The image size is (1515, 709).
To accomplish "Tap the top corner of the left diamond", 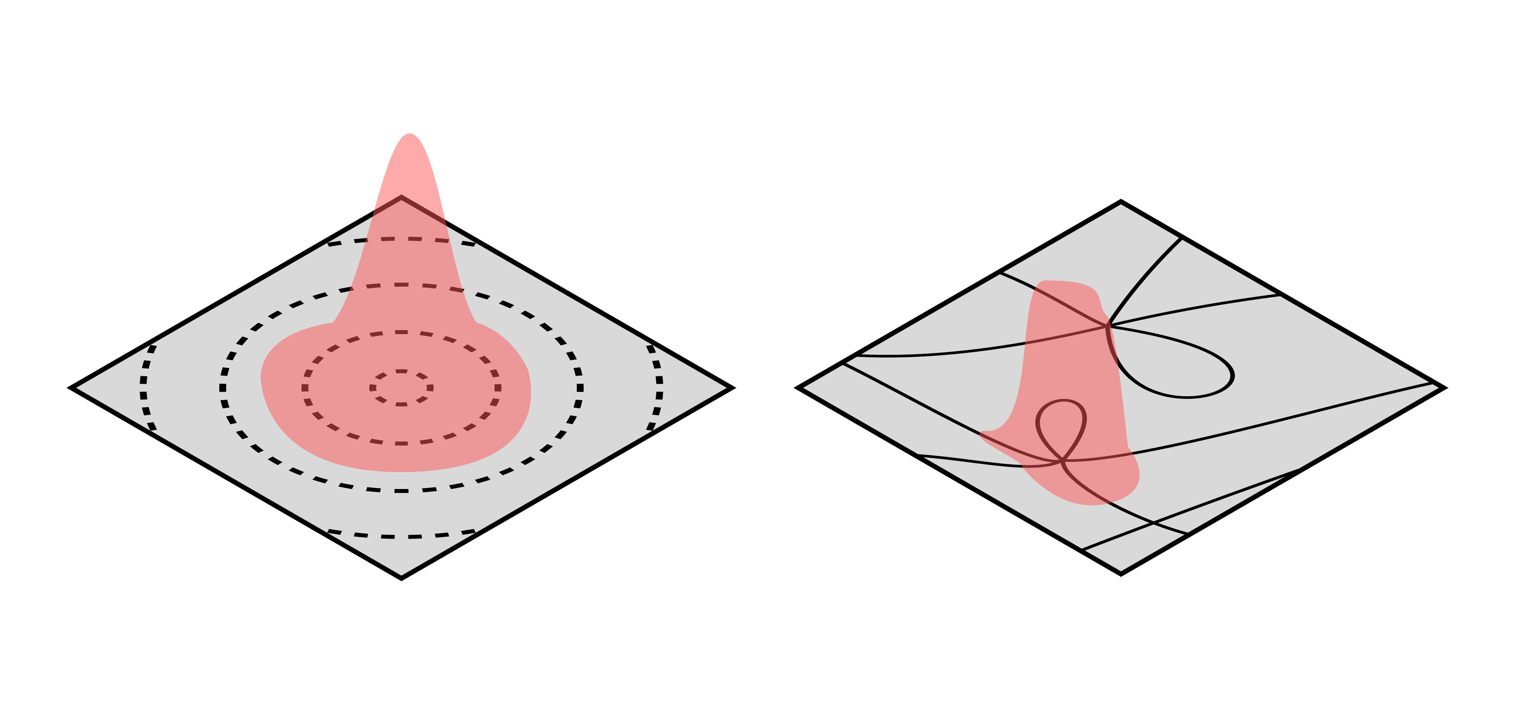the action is pyautogui.click(x=402, y=198).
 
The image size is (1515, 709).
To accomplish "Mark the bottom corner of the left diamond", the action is pyautogui.click(x=402, y=577).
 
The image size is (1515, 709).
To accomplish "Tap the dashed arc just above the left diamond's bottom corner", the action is pyautogui.click(x=402, y=536).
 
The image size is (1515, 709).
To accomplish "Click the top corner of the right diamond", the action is pyautogui.click(x=1120, y=203).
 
